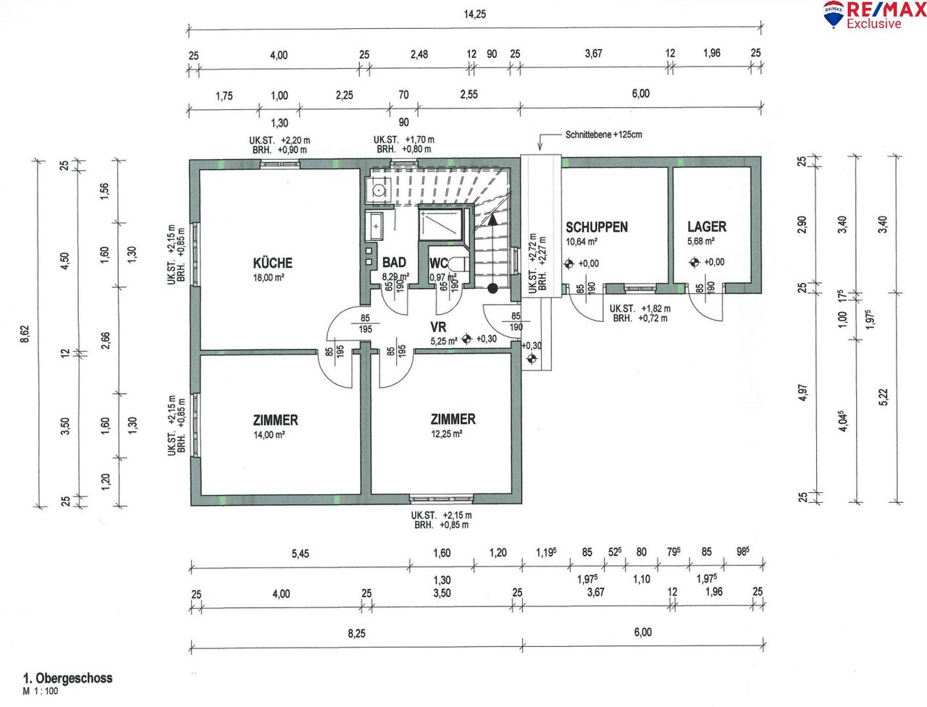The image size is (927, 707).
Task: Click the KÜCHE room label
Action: click(273, 263)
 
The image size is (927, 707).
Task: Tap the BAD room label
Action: click(394, 263)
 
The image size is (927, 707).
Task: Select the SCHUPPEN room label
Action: click(597, 227)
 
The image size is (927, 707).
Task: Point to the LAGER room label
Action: click(707, 227)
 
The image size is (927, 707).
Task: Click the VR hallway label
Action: click(438, 327)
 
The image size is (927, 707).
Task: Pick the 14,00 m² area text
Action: click(269, 434)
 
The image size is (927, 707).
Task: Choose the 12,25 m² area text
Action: click(446, 433)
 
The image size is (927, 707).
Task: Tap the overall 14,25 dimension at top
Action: click(474, 14)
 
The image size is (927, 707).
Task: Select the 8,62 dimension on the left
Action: click(25, 334)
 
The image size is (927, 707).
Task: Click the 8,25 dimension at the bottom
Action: click(356, 633)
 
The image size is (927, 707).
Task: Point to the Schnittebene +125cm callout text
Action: click(603, 135)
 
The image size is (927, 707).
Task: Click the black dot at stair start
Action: click(492, 289)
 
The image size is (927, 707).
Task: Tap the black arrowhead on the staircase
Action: click(492, 219)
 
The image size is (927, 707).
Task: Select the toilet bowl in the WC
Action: click(458, 263)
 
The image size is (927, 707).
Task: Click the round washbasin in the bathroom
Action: click(379, 191)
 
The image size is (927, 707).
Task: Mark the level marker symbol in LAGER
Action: click(695, 263)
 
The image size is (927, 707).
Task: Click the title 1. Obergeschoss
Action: click(67, 678)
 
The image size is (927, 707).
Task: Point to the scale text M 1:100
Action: click(41, 691)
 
